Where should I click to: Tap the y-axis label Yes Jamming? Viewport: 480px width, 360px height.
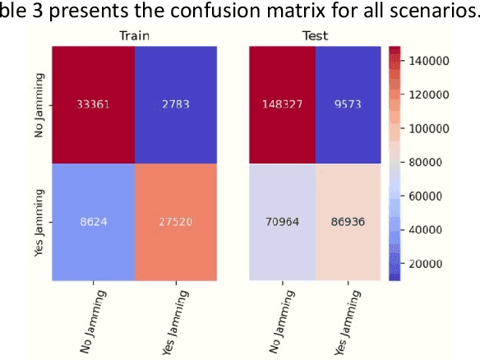(39, 222)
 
